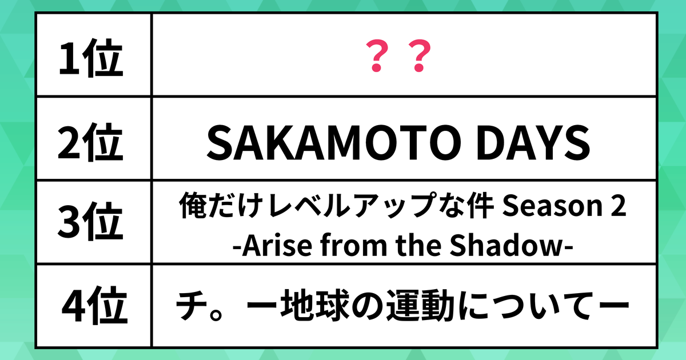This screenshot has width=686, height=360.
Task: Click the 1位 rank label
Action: pos(91,58)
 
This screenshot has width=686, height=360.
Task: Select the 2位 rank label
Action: pos(90,142)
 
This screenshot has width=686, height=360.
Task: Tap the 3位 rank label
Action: pos(90,221)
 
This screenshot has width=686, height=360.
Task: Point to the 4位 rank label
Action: pos(95,305)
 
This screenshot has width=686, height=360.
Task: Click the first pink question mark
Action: pos(378,56)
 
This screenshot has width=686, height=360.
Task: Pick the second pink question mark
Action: pos(420,56)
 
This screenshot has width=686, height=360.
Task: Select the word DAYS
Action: pos(533,143)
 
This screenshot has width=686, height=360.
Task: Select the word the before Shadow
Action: pos(418,245)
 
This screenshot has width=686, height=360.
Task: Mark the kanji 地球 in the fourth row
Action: pos(316,305)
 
